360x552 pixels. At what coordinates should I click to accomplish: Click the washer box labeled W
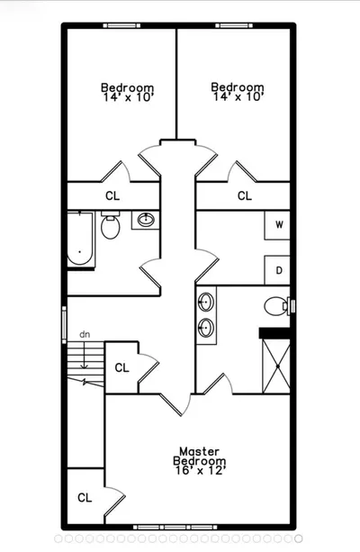pos(277,225)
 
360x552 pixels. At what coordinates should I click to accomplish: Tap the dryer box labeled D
pos(277,270)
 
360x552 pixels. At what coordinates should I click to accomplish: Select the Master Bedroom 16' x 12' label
pos(200,461)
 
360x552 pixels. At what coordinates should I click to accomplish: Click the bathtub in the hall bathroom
pos(80,239)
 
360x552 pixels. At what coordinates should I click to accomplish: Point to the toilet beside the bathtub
pos(111,225)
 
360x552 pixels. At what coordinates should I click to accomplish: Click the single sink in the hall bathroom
pos(146,220)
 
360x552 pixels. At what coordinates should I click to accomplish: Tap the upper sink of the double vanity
pos(206,302)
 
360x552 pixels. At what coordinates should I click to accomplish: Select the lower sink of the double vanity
pos(206,328)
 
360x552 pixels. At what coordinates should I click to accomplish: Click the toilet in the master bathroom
pos(277,306)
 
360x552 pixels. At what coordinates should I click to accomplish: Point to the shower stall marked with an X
pos(276,366)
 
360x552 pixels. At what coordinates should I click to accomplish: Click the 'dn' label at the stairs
pos(85,334)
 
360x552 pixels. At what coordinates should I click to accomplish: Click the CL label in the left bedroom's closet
pos(112,195)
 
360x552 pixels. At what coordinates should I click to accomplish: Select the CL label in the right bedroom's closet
pos(245,195)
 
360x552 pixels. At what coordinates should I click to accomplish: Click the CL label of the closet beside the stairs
pos(122,368)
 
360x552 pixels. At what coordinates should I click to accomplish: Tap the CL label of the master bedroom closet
pos(85,498)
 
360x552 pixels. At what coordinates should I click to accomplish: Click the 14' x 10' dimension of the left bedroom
pos(128,97)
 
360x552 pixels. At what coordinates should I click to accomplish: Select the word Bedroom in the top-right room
pos(238,87)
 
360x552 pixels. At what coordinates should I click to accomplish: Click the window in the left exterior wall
pos(64,324)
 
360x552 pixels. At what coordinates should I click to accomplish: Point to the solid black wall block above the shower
pos(274,333)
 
